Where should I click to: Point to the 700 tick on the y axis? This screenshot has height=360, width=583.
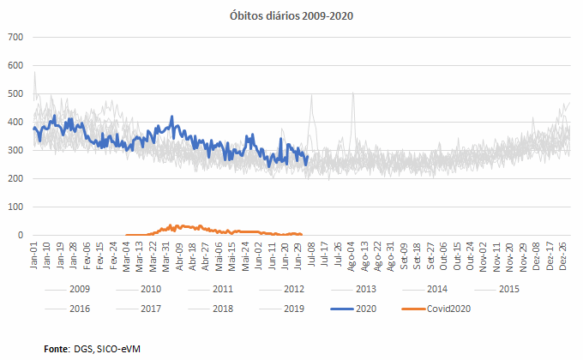pos(15,37)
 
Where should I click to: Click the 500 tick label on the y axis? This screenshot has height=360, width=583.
pos(15,93)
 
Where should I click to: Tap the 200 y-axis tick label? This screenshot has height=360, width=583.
pos(15,178)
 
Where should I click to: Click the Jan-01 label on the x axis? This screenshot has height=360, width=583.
pos(34,255)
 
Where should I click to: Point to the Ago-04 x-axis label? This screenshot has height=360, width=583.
pos(352,255)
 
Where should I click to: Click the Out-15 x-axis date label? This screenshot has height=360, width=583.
pos(458,255)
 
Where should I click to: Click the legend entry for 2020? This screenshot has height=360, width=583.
pos(346,309)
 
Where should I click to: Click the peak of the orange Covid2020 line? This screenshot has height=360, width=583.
pos(171,225)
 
